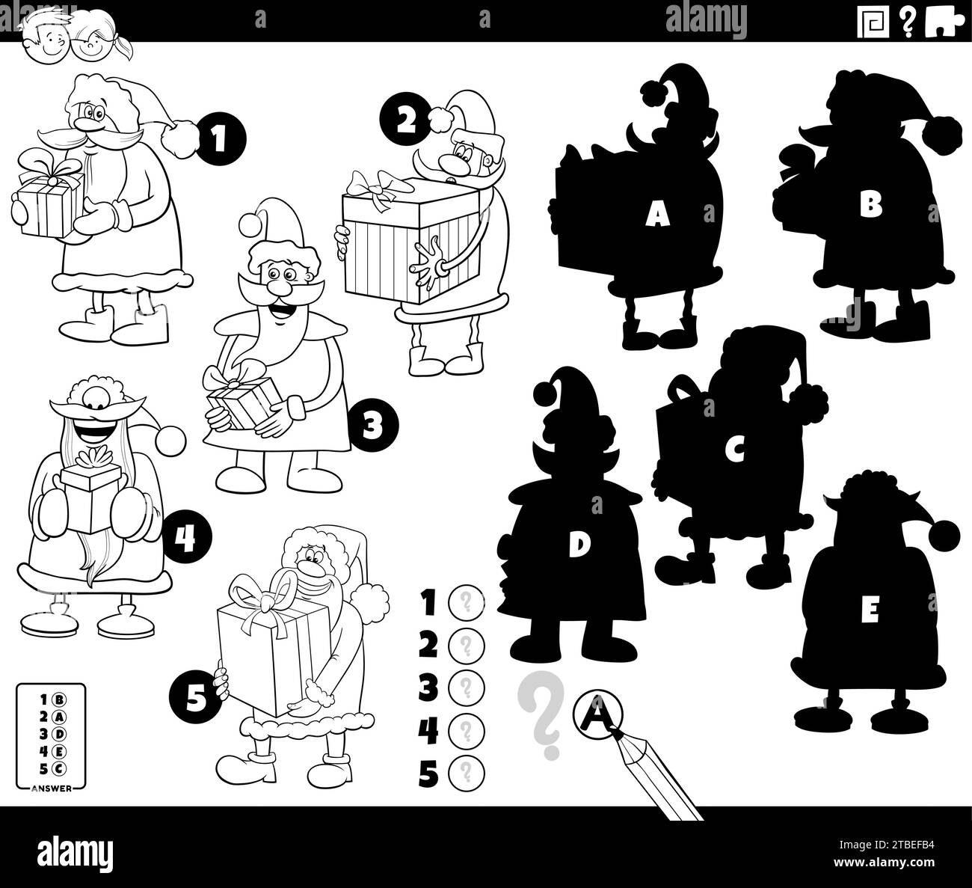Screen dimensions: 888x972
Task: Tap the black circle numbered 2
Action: click(405, 120)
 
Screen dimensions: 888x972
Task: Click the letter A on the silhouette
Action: click(657, 215)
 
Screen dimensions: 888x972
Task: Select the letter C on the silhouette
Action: click(736, 450)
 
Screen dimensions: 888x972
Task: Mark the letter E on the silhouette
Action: click(869, 611)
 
